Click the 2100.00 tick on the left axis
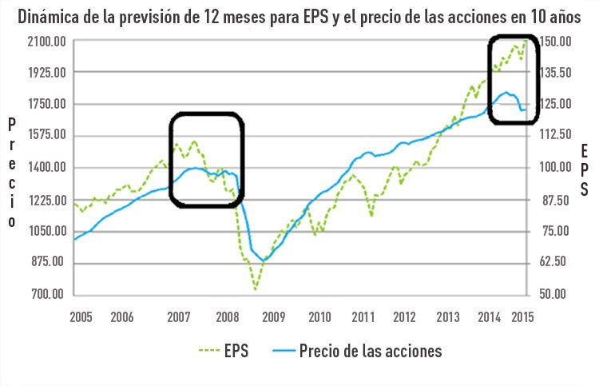tap(47, 42)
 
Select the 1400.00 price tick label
tap(47, 168)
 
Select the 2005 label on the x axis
tap(81, 316)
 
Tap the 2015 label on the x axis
tap(522, 316)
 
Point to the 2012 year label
tap(403, 316)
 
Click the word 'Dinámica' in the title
tap(47, 16)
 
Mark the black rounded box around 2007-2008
tap(206, 161)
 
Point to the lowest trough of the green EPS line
tap(256, 289)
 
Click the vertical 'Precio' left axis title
tap(11, 173)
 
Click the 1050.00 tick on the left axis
tap(47, 231)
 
